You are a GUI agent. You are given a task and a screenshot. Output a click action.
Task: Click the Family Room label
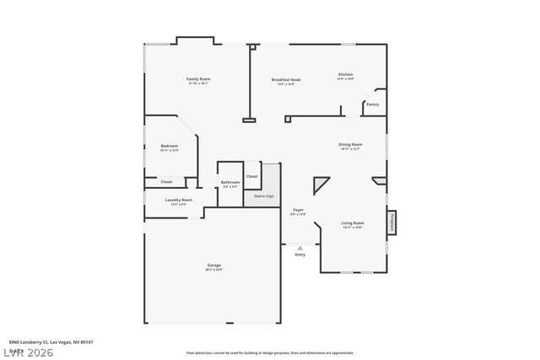pos(198,79)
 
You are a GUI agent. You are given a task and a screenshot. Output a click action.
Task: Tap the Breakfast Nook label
pos(286,80)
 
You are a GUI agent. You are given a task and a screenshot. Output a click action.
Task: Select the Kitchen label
pos(345,75)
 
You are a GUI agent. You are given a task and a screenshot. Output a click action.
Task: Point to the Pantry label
pos(372,105)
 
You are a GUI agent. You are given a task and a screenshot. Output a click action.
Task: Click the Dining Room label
pos(350,145)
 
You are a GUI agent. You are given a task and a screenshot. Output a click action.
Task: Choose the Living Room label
pos(352,223)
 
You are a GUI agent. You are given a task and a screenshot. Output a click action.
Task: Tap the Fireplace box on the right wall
pos(392,223)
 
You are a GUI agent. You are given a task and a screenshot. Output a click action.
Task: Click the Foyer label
pos(299,210)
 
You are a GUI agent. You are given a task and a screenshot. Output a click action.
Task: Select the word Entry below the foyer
pos(300,255)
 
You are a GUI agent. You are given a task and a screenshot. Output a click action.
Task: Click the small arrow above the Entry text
pos(300,248)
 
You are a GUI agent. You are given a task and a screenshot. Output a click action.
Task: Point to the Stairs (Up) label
pos(264,196)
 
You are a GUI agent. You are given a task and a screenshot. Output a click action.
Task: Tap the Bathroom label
pos(230,182)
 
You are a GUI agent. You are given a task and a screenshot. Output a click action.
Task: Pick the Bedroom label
pos(170,147)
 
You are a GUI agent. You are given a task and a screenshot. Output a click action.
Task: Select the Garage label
pos(214,266)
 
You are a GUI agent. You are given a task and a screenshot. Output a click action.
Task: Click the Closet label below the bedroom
pos(167,181)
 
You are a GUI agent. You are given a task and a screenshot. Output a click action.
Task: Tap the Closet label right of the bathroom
pos(252,176)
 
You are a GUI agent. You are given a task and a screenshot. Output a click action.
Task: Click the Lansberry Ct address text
pos(51,341)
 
